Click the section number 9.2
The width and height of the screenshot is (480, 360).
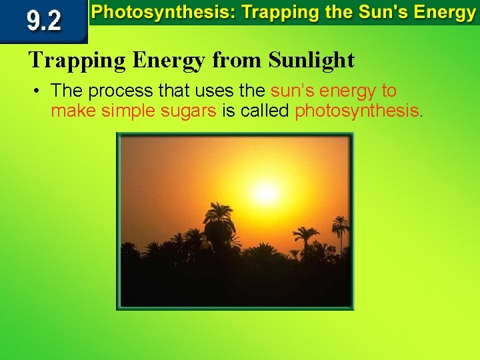43,22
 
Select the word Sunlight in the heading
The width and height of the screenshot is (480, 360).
311,61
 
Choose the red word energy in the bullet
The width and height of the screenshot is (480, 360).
347,91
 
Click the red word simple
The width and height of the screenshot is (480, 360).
129,110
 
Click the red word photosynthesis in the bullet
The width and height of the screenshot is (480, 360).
357,110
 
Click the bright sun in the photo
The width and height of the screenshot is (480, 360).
265,193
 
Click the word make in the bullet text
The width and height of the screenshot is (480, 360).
73,110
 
